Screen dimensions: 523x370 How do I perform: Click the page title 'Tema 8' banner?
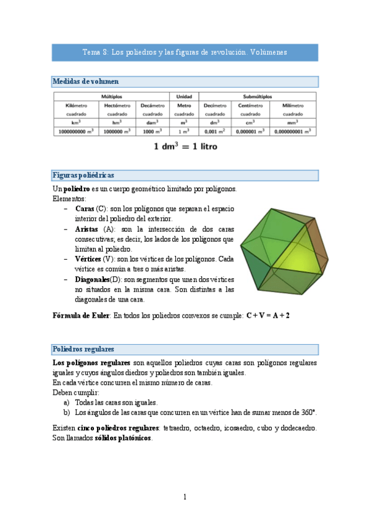tap(185, 52)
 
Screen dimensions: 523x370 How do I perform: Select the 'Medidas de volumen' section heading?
tap(86, 81)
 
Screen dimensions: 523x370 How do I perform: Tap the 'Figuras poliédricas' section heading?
tap(83, 175)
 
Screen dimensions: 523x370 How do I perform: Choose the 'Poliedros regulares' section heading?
tap(83, 348)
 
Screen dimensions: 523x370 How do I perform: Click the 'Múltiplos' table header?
tap(112, 97)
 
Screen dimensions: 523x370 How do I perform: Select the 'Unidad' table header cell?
tap(184, 97)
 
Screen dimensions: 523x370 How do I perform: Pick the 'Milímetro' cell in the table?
tap(293, 105)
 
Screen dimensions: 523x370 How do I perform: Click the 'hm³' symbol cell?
tap(113, 122)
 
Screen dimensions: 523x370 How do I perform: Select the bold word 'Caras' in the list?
tap(85, 210)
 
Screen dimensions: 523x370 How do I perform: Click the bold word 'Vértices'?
tap(88, 260)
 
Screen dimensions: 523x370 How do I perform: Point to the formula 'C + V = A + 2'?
tap(267, 315)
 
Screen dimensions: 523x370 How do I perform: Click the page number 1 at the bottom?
tap(185, 496)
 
